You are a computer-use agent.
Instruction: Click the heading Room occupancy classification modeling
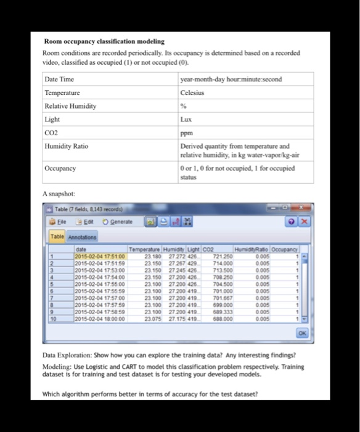tap(104, 41)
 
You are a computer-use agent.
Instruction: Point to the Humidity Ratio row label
tap(67, 146)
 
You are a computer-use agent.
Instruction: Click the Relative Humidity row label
tap(71, 106)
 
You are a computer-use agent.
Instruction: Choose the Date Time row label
tap(60, 80)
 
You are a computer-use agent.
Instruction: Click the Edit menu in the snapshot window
tap(85, 222)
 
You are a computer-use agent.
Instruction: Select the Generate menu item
tap(117, 222)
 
